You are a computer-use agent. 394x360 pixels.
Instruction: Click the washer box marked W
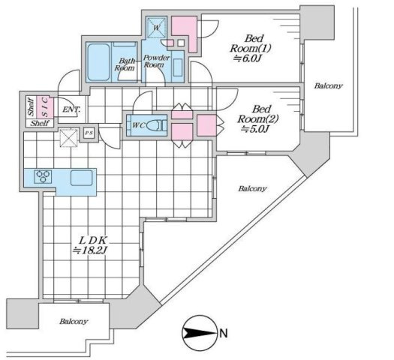pyautogui.click(x=157, y=28)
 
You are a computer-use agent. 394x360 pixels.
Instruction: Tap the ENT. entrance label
pyautogui.click(x=71, y=111)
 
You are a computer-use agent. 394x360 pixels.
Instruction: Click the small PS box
pyautogui.click(x=89, y=133)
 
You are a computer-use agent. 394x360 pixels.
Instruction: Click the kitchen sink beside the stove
pyautogui.click(x=82, y=178)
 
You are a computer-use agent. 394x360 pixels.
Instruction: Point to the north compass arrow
pyautogui.click(x=197, y=331)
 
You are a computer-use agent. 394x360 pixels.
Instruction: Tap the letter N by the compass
pyautogui.click(x=224, y=331)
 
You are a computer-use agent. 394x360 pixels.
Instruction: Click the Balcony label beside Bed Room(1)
pyautogui.click(x=329, y=85)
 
